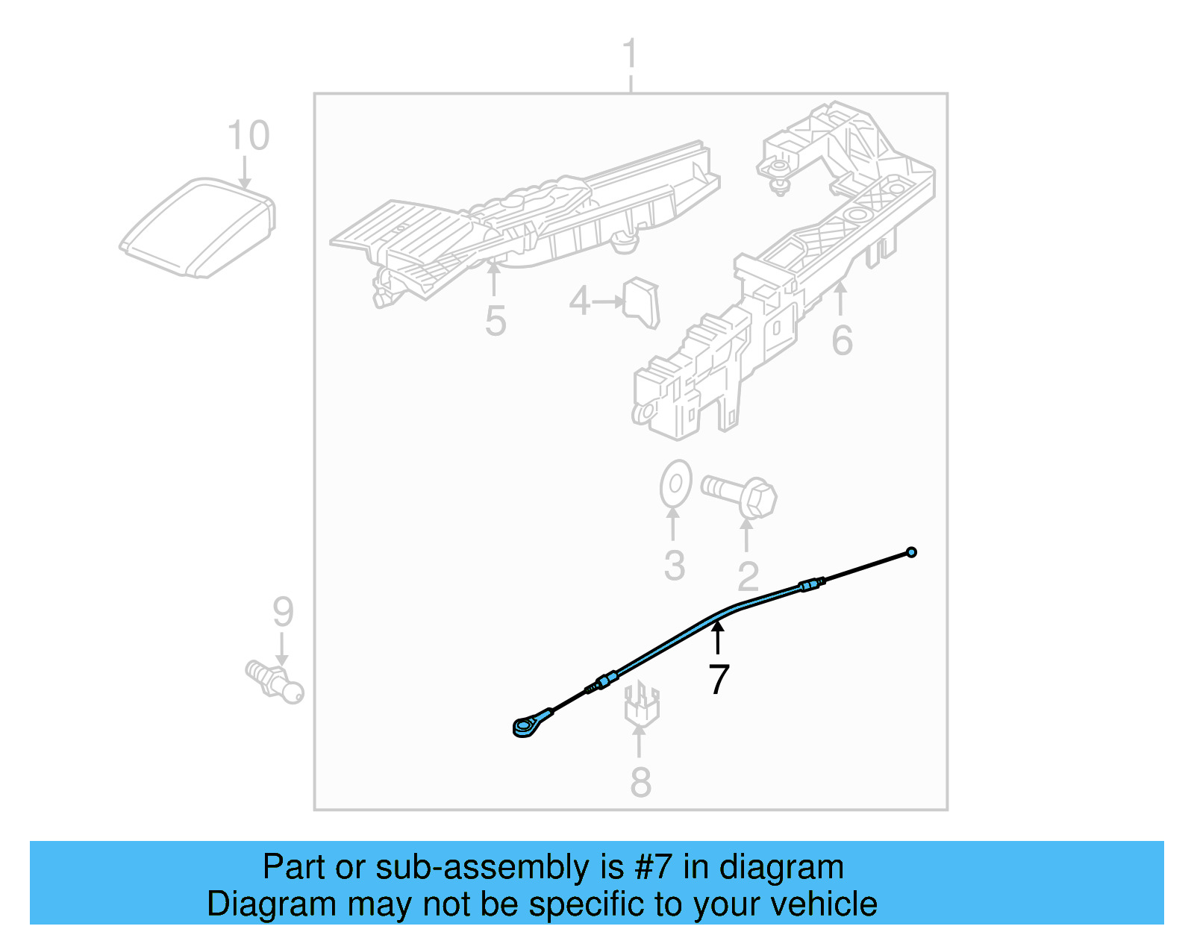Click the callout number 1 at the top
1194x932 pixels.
[x=631, y=54]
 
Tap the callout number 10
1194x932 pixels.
[x=248, y=137]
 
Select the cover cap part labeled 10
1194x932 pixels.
[x=198, y=228]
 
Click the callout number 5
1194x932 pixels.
[x=496, y=321]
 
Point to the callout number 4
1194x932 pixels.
[x=579, y=301]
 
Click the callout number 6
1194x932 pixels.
[x=842, y=341]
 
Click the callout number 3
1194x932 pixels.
[x=675, y=566]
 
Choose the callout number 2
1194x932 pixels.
[x=748, y=577]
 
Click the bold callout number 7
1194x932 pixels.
[x=718, y=679]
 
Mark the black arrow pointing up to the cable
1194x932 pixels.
[x=718, y=638]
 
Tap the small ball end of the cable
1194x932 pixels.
[x=911, y=552]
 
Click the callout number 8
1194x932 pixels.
[x=640, y=782]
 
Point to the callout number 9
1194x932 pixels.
[x=283, y=612]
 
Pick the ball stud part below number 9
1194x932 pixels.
[x=275, y=680]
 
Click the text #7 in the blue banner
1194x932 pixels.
[x=654, y=868]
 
